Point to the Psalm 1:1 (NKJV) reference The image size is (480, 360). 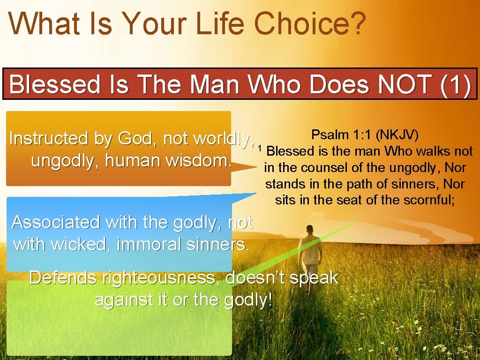pyautogui.click(x=365, y=135)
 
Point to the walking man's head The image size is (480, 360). pyautogui.click(x=310, y=229)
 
